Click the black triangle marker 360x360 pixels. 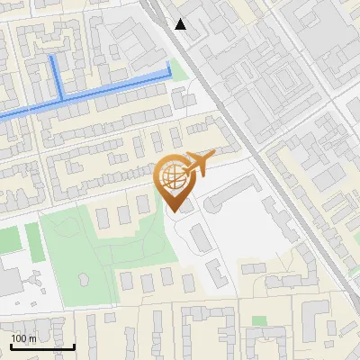181,24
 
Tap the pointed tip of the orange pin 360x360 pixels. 173,211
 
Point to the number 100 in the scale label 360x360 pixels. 19,338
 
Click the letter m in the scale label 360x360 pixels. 32,338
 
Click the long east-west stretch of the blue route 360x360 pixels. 108,92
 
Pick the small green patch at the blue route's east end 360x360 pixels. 179,70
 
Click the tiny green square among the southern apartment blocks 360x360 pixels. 259,320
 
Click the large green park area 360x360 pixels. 90,252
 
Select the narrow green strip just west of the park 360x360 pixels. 33,239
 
